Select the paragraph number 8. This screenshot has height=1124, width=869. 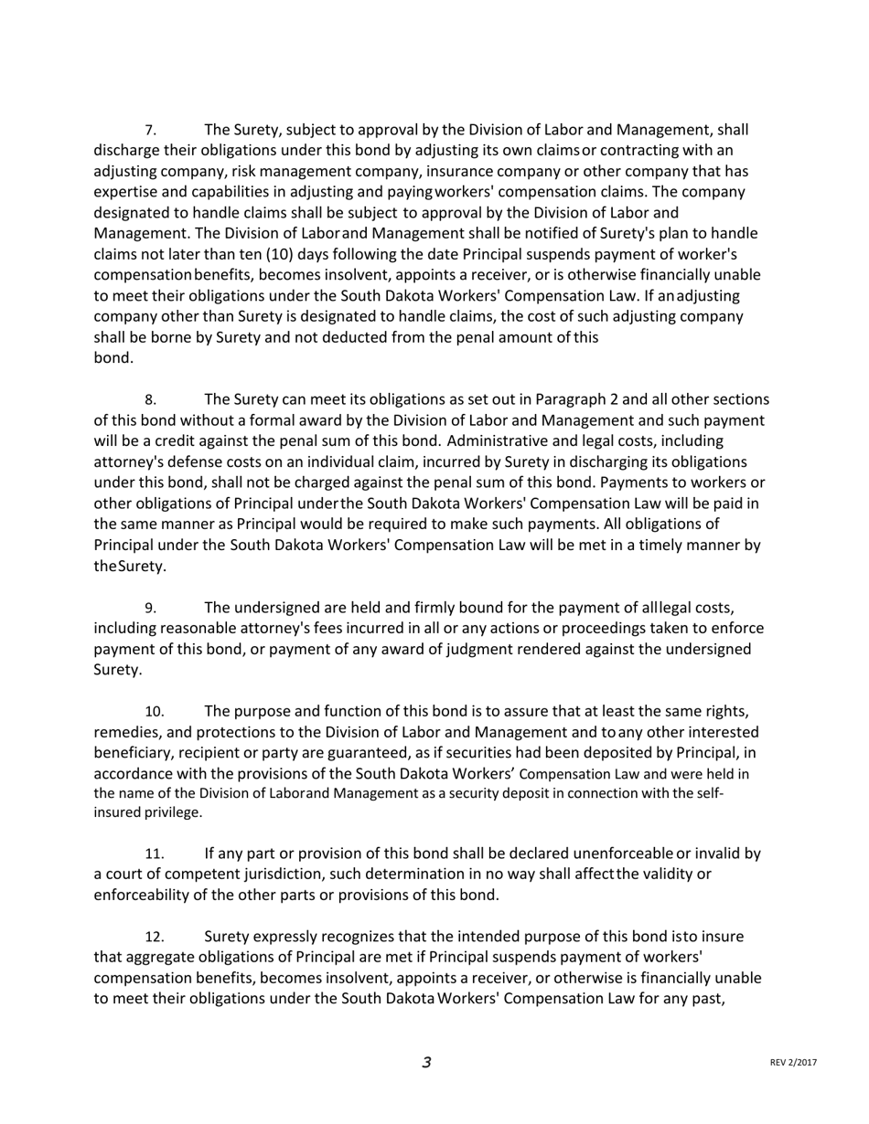point(151,400)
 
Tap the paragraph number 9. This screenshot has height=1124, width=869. point(151,609)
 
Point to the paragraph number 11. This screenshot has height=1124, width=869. point(155,854)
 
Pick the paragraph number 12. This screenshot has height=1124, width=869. point(155,938)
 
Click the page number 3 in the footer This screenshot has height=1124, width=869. point(426,1062)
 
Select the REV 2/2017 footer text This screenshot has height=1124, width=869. point(793,1063)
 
